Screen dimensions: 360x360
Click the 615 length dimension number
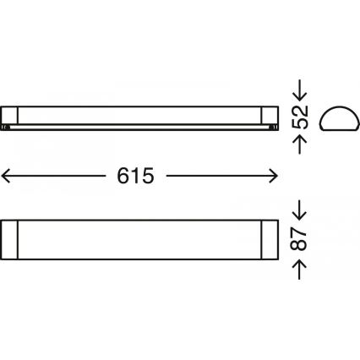click(x=135, y=176)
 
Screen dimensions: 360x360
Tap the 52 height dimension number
click(x=299, y=117)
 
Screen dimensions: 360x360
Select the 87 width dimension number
click(x=298, y=238)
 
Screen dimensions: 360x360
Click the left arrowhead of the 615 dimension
click(x=6, y=176)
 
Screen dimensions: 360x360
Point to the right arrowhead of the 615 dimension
click(x=273, y=176)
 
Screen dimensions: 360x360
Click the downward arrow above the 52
click(x=299, y=90)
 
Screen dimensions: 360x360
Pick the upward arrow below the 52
click(x=299, y=145)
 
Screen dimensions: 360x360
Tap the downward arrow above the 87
click(x=299, y=210)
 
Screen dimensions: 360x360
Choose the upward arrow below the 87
click(x=299, y=270)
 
